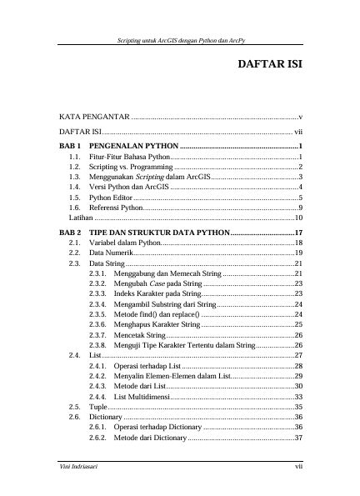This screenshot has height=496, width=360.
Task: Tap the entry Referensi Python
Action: (x=117, y=208)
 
